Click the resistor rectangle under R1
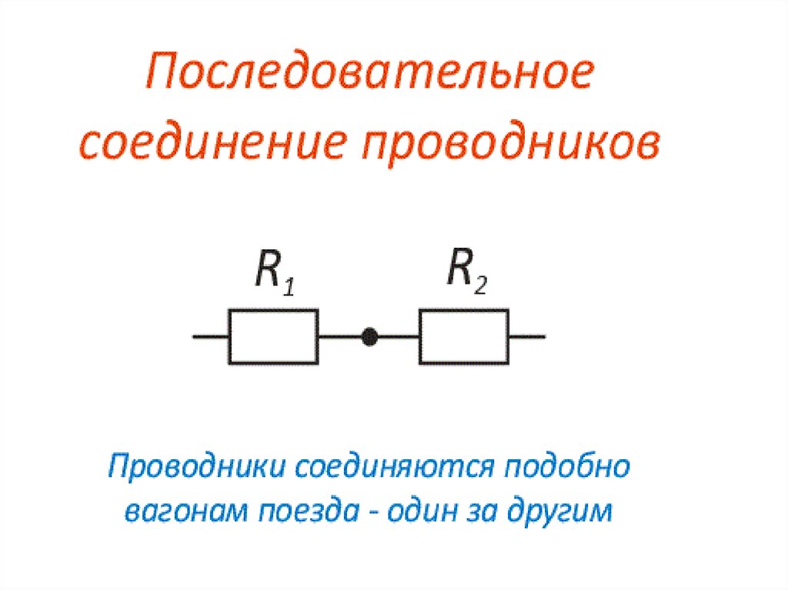click(273, 336)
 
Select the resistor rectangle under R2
click(463, 336)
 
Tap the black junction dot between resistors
click(369, 336)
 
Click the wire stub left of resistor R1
click(209, 336)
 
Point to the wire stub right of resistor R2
click(527, 336)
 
